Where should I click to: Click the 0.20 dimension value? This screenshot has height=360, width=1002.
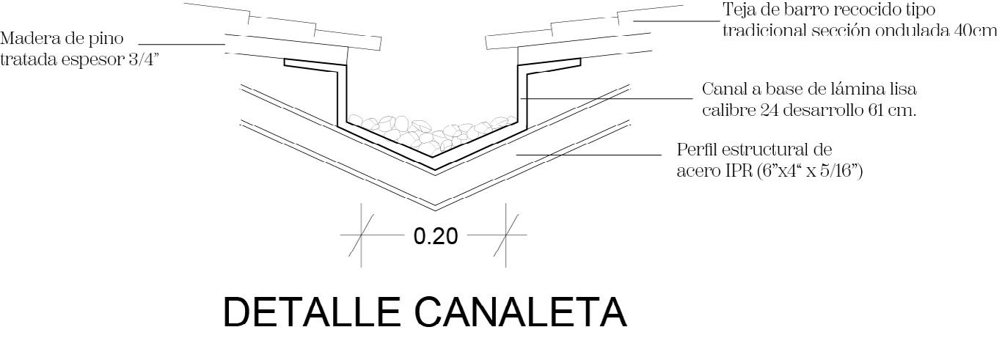(x=436, y=236)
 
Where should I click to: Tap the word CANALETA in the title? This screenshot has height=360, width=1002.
(x=521, y=312)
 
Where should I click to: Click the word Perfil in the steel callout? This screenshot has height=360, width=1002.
(x=696, y=150)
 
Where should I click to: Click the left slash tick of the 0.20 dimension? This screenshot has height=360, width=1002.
(x=361, y=235)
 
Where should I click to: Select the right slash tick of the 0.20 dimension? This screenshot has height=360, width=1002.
(x=506, y=235)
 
